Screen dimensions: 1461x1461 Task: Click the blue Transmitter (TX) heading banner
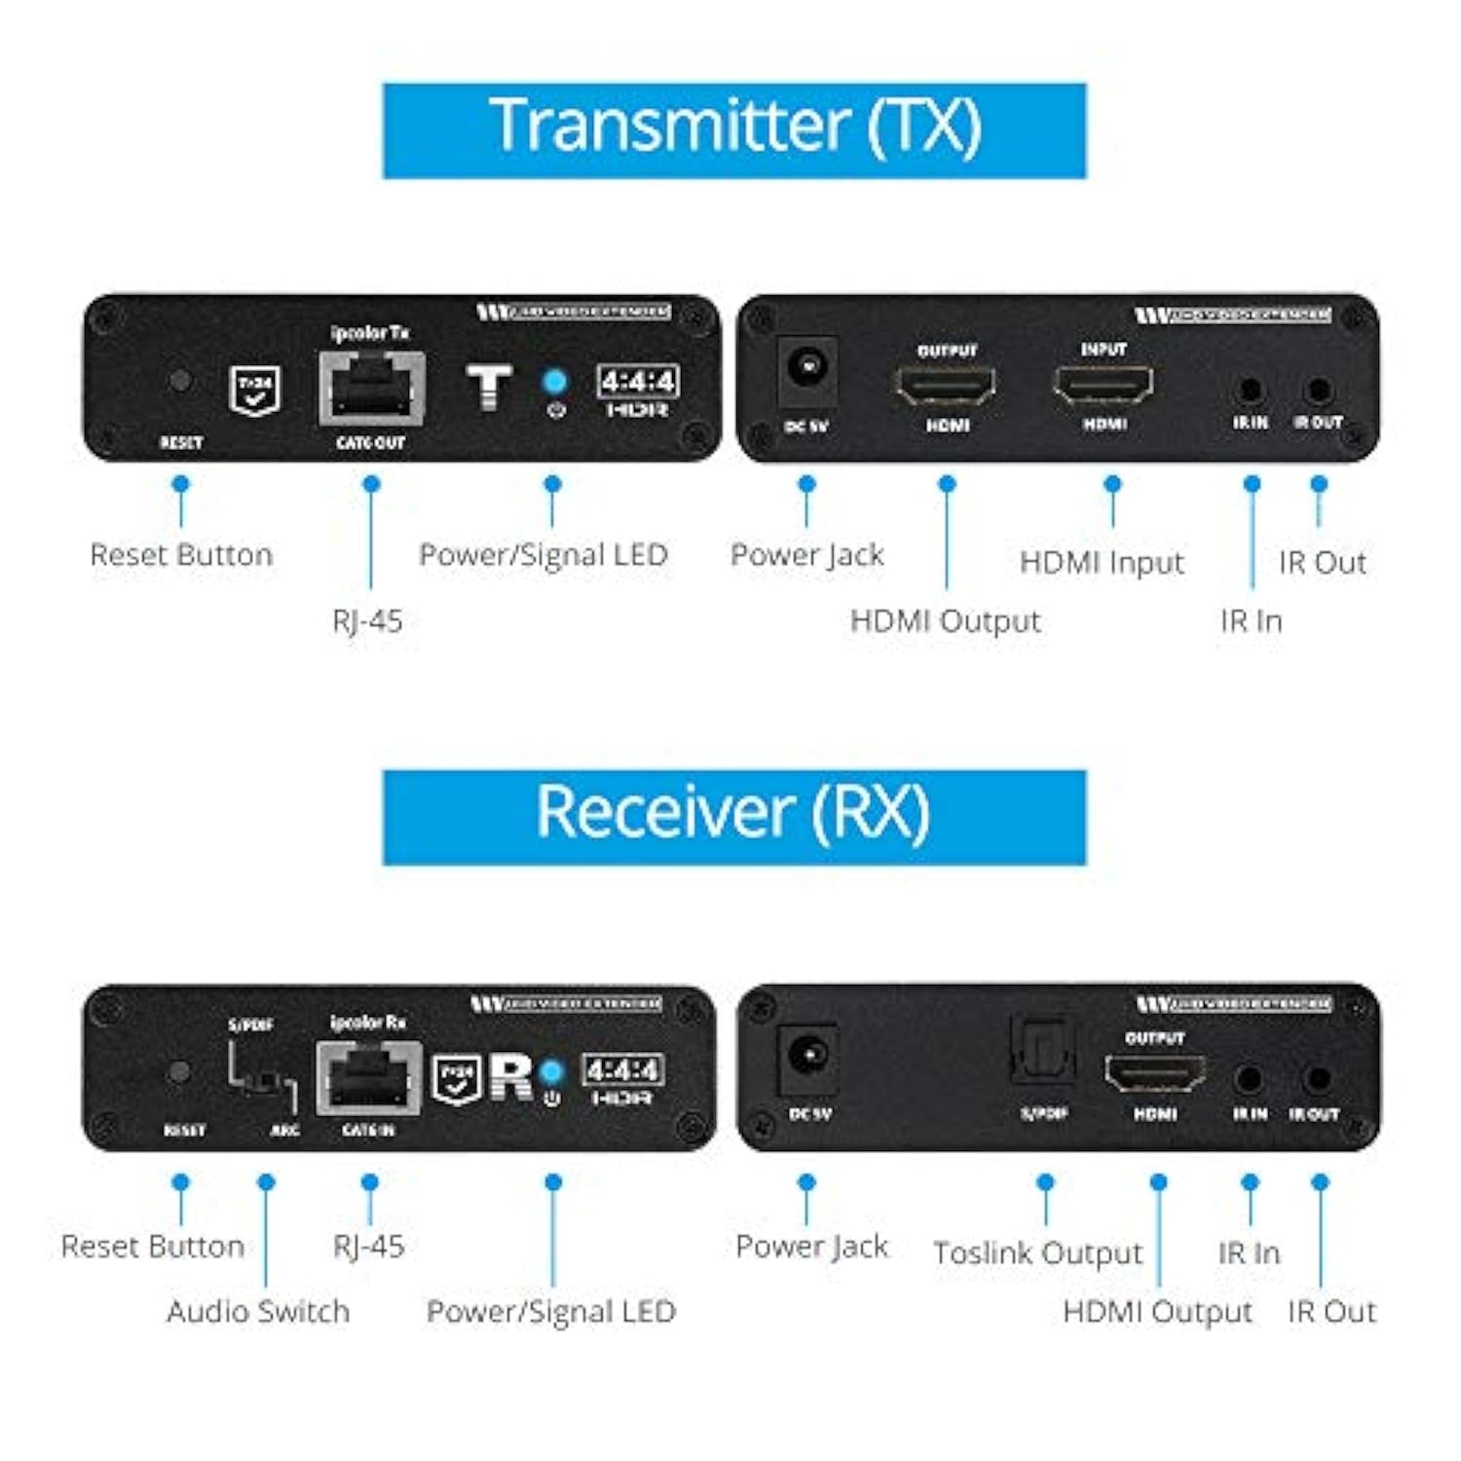[x=733, y=131]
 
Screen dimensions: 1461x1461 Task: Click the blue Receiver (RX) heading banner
[x=733, y=816]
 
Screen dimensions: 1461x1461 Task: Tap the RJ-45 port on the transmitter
[x=371, y=389]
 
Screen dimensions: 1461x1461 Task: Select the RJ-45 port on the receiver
[x=368, y=1078]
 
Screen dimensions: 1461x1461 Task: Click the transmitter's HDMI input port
[x=1104, y=385]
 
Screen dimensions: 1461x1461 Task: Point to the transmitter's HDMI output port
[x=946, y=386]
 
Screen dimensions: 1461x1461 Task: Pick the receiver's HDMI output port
[x=1155, y=1073]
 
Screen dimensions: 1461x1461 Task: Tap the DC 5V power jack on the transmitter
[x=806, y=368]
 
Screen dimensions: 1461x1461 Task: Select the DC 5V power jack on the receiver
[x=807, y=1055]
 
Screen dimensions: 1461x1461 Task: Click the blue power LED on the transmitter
[x=554, y=380]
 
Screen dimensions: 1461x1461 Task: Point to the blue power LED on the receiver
[x=552, y=1070]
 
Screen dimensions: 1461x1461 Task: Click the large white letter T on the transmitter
[x=489, y=387]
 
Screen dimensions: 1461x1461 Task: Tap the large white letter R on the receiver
[x=511, y=1076]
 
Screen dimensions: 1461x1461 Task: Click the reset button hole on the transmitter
[x=180, y=380]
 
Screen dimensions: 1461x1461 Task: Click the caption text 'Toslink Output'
[x=1037, y=1253]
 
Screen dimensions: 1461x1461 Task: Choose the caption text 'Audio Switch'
[x=258, y=1311]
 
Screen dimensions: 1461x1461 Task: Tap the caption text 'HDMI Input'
[x=1102, y=562]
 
